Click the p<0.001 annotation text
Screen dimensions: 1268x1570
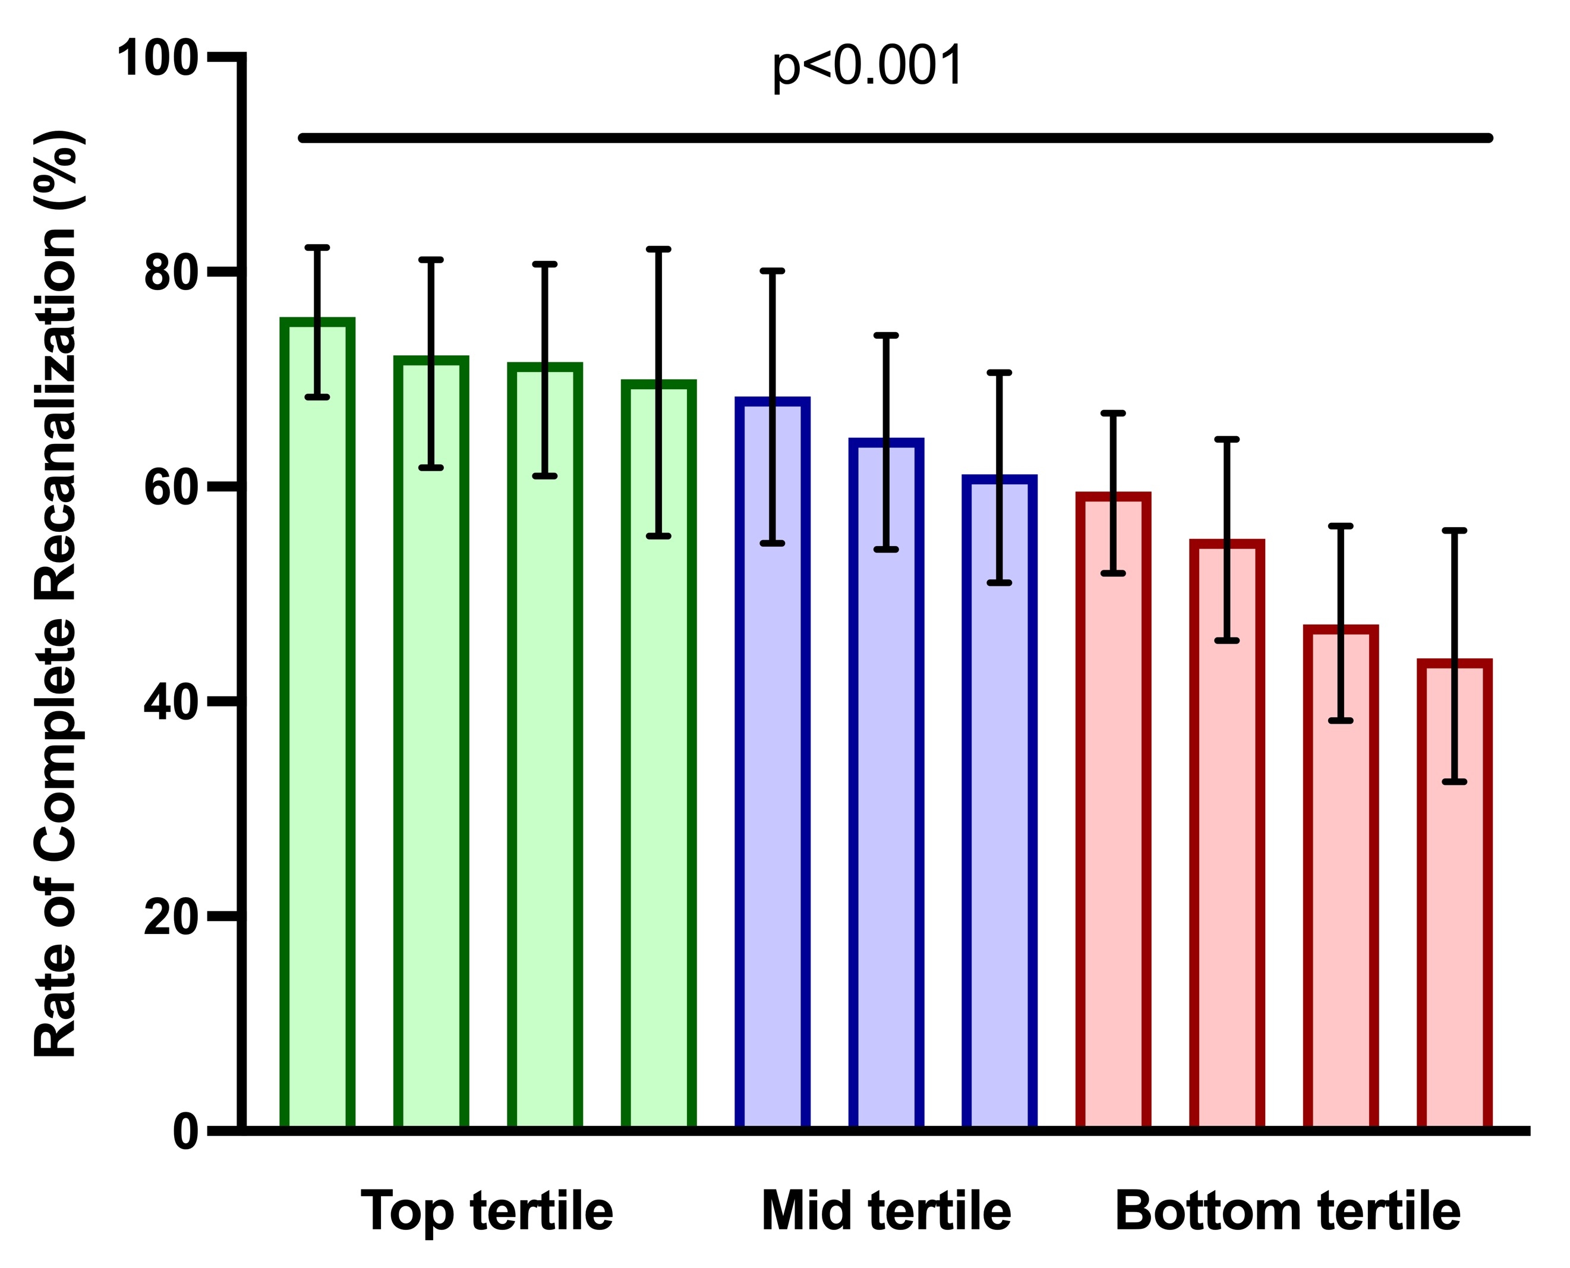click(867, 67)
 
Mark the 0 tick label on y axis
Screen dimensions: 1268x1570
click(185, 1132)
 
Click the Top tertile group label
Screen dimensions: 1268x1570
click(487, 1212)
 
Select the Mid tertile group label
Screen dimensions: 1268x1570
click(885, 1212)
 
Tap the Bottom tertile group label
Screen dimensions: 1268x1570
click(1287, 1212)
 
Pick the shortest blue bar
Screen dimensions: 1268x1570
click(1000, 803)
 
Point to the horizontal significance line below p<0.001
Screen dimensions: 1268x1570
click(895, 138)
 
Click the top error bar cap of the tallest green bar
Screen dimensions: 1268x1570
click(318, 248)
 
